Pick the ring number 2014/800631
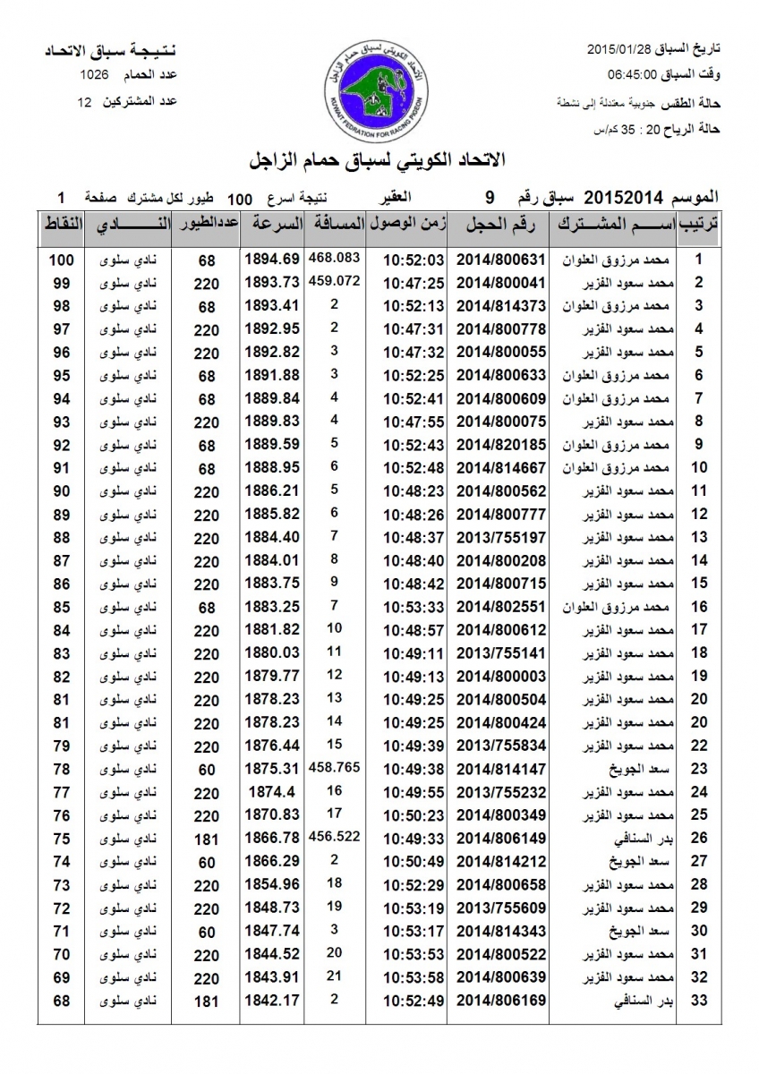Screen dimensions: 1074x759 500,260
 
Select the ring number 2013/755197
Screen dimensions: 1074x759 500,537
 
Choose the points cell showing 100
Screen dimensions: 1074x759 61,260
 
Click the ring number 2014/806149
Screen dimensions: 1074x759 500,838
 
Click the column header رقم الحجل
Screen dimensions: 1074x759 500,225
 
